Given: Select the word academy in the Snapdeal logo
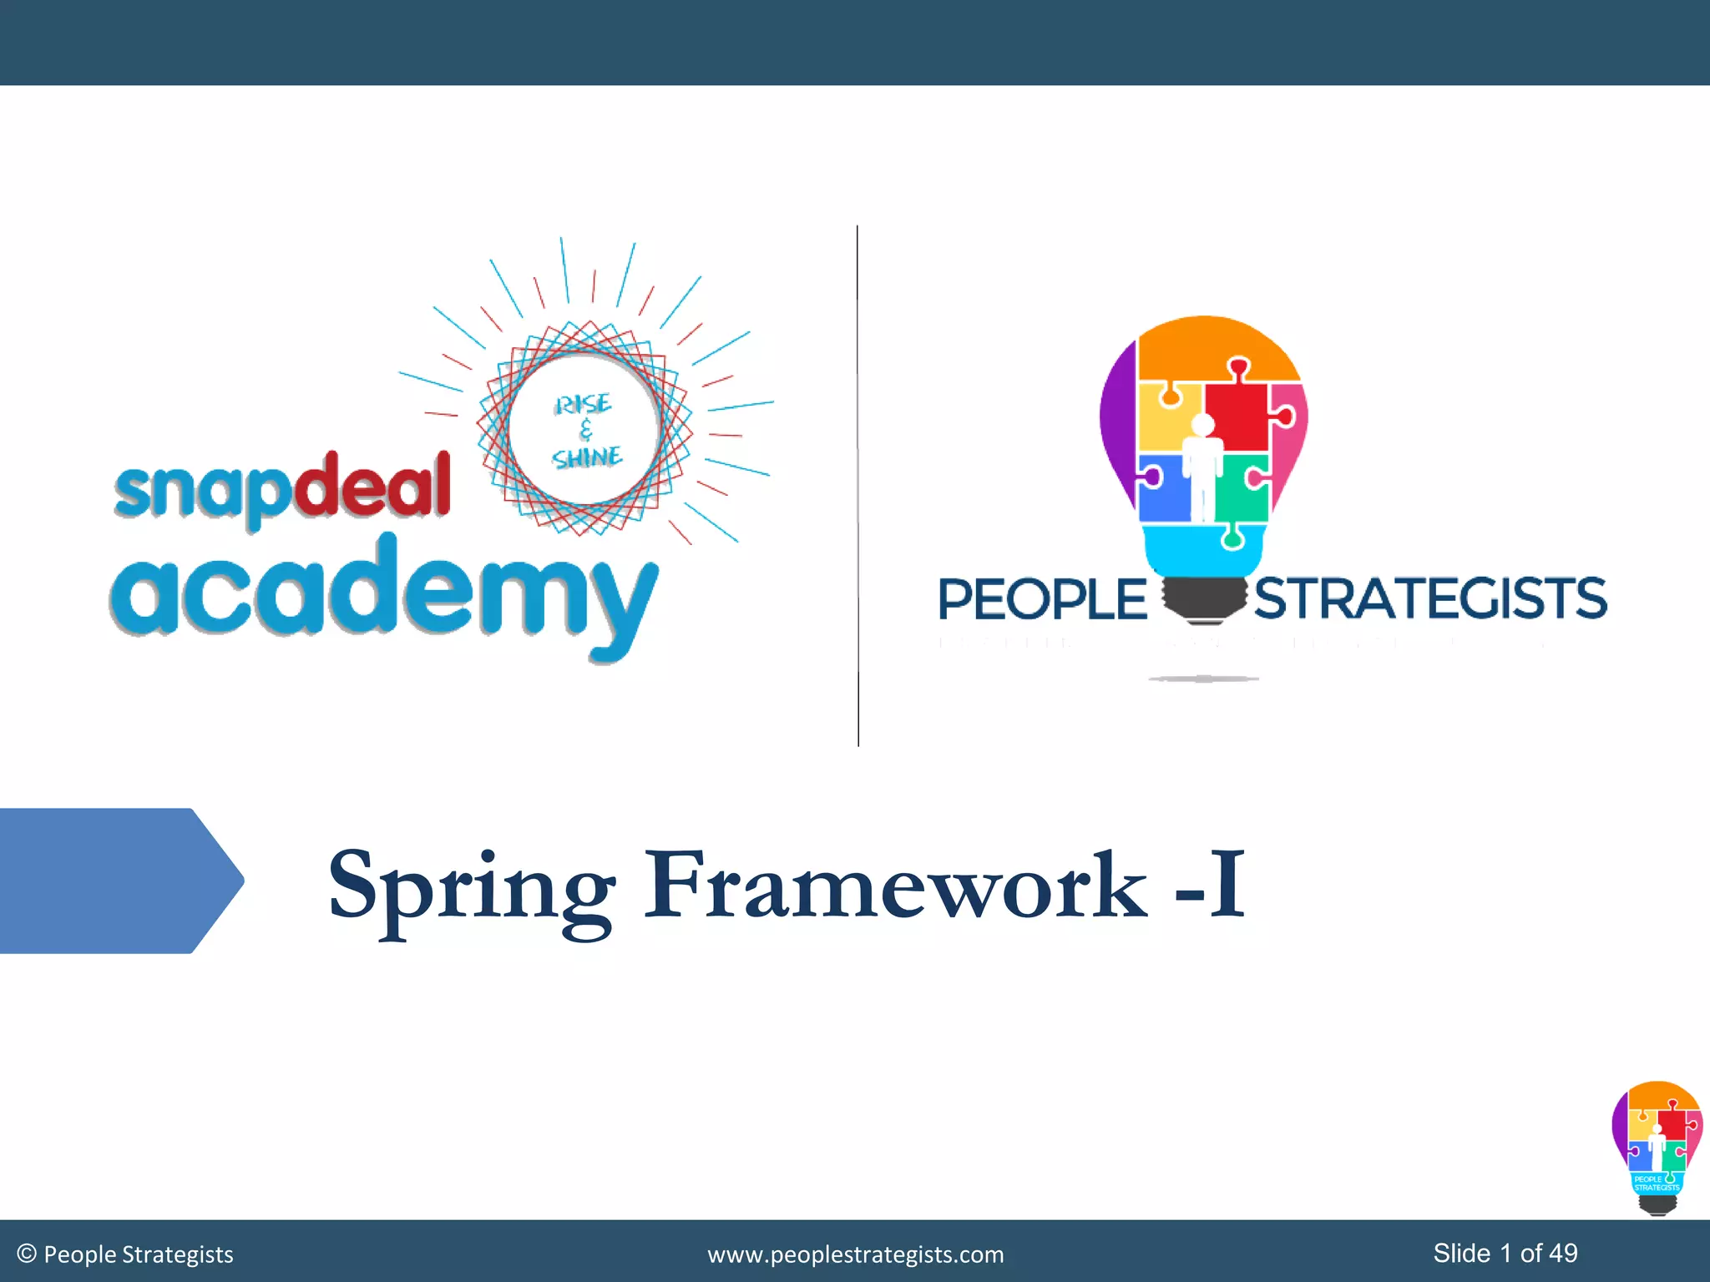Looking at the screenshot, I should pos(382,592).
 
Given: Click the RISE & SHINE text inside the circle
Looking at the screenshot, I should pos(585,431).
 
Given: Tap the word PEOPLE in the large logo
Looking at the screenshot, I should pos(1042,599).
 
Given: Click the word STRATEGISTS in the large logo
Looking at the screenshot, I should pos(1430,598).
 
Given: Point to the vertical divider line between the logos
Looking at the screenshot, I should pos(858,484).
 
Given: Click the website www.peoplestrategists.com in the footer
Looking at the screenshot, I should pos(855,1254).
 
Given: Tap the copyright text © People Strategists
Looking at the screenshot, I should pos(125,1254).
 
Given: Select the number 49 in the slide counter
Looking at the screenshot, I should pos(1563,1253).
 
